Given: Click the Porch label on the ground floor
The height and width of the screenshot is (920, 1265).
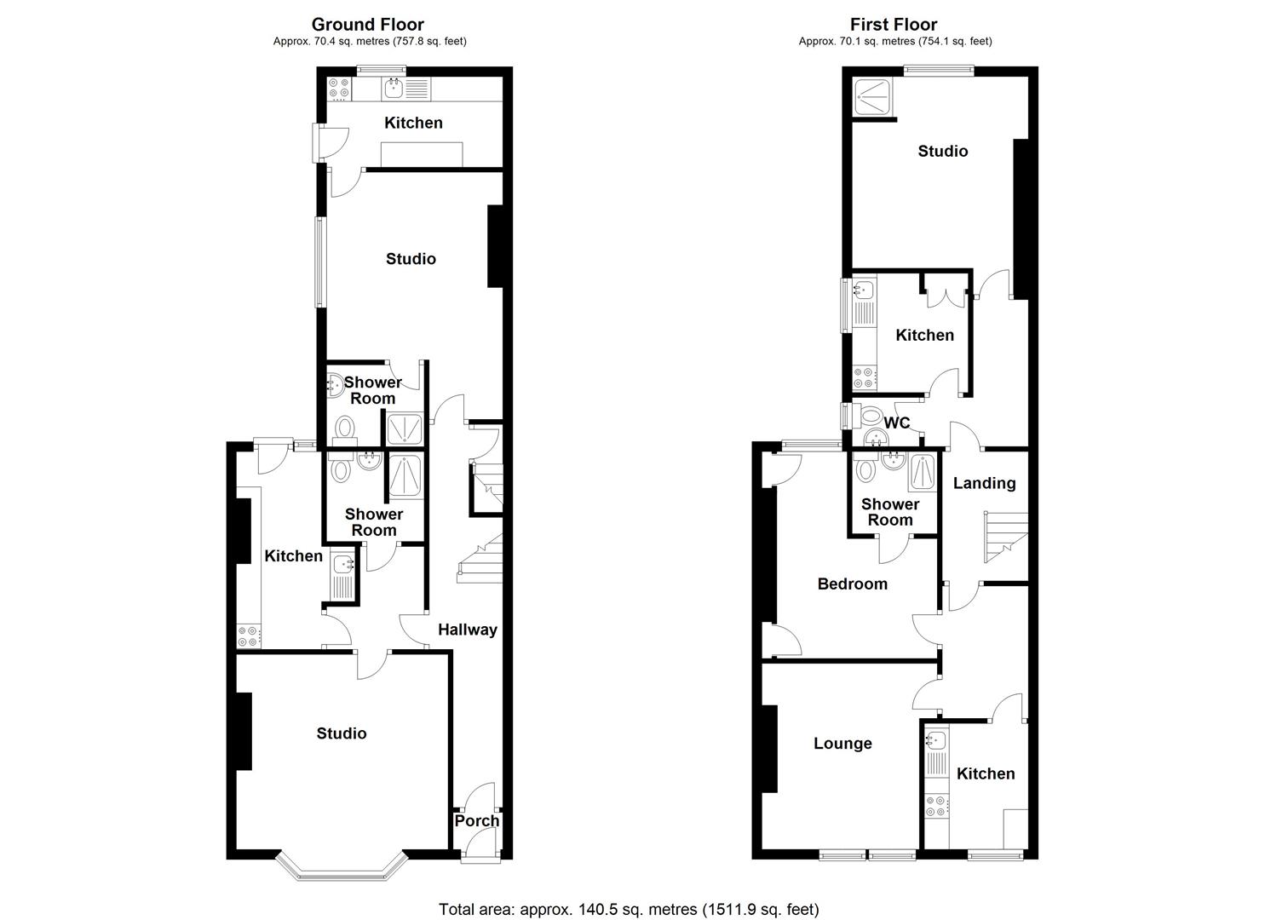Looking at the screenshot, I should (x=476, y=820).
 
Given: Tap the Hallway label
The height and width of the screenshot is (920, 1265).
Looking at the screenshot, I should (x=467, y=630).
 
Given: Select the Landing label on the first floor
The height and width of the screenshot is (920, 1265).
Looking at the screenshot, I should (x=984, y=483).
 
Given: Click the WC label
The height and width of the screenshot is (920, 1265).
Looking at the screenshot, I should (x=897, y=423).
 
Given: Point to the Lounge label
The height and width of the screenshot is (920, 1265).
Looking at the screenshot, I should (x=842, y=743).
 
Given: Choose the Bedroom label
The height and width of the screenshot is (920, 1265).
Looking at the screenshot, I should (x=852, y=584).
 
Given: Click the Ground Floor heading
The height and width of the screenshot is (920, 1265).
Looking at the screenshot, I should (x=368, y=25).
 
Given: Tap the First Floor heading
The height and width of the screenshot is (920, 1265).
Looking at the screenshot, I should (x=894, y=25).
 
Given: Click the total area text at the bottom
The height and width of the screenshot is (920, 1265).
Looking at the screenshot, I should (x=629, y=909).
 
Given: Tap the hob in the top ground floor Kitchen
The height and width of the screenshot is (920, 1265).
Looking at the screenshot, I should (x=339, y=88).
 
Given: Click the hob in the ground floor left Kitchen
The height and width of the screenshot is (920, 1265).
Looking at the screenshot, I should (x=249, y=635).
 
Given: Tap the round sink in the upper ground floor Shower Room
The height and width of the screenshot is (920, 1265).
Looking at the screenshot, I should (x=333, y=386).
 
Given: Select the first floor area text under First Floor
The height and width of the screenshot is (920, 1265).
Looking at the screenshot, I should (x=894, y=41).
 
